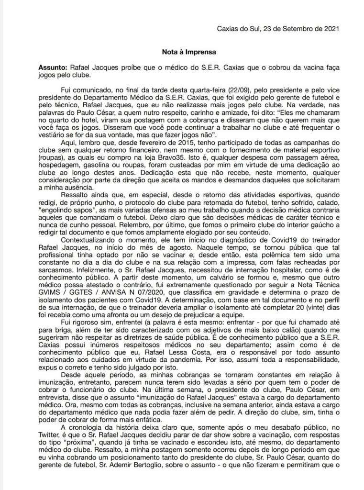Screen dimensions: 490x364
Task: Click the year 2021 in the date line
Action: [x=331, y=28]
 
